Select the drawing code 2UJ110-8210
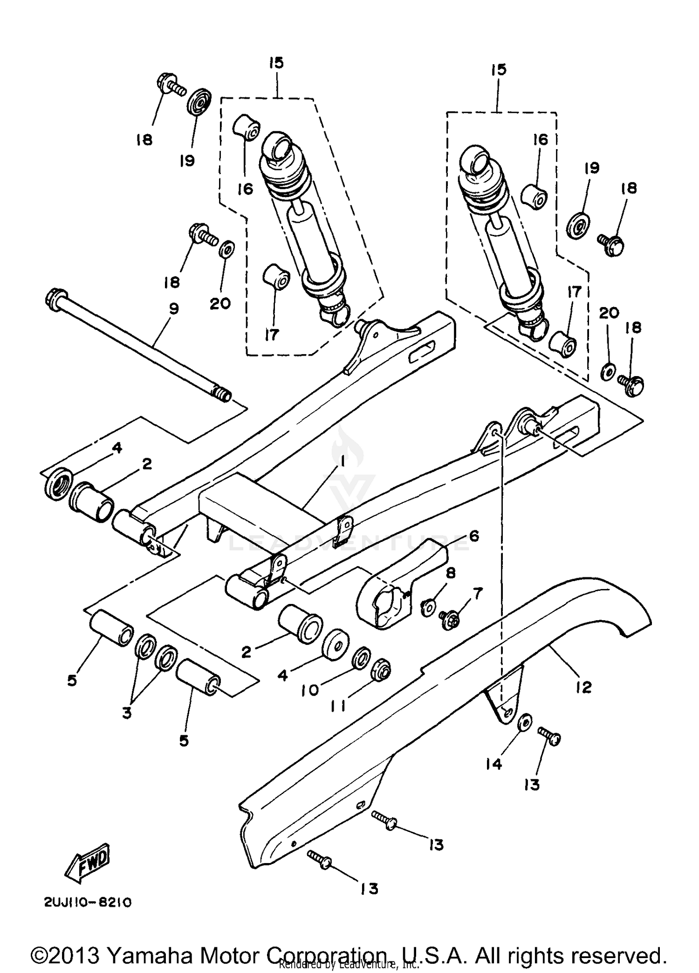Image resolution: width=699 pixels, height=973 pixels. pos(88,903)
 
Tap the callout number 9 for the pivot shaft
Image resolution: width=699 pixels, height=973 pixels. pos(173,309)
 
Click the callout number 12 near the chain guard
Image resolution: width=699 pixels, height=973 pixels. pos(583,686)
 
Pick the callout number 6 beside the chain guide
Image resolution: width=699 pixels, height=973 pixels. pos(473,536)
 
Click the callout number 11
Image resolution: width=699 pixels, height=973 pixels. pos(337,706)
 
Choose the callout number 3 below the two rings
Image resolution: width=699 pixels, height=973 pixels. pos(127,713)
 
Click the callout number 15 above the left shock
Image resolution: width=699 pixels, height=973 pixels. pos(276,62)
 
